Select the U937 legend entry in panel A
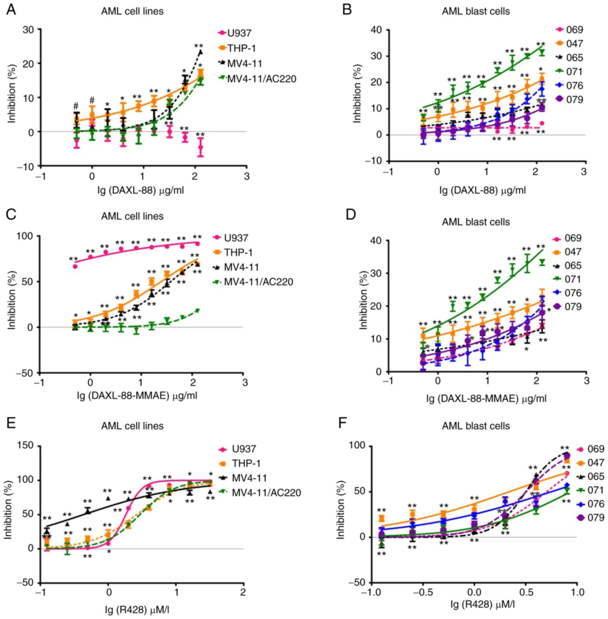click(x=239, y=33)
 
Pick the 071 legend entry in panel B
click(x=574, y=72)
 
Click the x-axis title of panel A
click(x=141, y=191)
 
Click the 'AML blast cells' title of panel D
click(x=476, y=222)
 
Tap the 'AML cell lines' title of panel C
click(x=132, y=216)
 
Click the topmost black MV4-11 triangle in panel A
click(x=200, y=52)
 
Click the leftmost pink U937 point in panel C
click(x=75, y=266)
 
